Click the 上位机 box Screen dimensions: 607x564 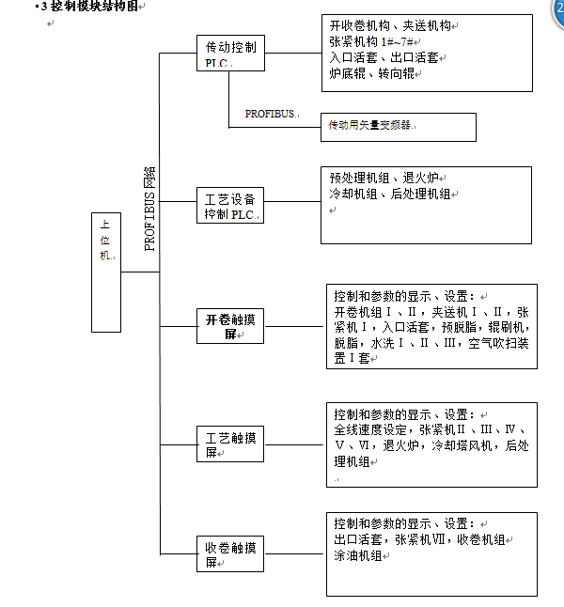point(106,272)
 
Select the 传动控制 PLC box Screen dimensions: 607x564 point(229,54)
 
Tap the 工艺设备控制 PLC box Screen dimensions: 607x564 point(229,206)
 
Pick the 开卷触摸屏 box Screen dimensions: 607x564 point(229,326)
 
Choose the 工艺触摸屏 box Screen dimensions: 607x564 point(229,444)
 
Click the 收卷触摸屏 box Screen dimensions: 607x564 point(229,554)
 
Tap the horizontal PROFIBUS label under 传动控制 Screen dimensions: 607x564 point(271,114)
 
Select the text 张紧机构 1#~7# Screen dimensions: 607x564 point(372,42)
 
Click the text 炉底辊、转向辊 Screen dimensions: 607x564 point(372,72)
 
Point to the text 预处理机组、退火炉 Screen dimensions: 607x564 point(384,178)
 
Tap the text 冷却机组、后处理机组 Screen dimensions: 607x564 point(390,194)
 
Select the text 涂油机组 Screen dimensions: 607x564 point(358,555)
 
